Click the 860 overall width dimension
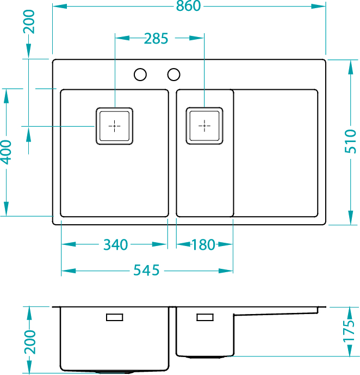(188, 6)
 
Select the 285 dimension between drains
(156, 39)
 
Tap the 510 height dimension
(352, 141)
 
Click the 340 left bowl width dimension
(115, 245)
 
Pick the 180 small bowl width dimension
(204, 245)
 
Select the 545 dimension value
(146, 270)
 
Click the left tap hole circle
(140, 74)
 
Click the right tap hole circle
(174, 74)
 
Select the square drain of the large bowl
(115, 126)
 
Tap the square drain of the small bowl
(204, 126)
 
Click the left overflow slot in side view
(114, 317)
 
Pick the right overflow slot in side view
(205, 317)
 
